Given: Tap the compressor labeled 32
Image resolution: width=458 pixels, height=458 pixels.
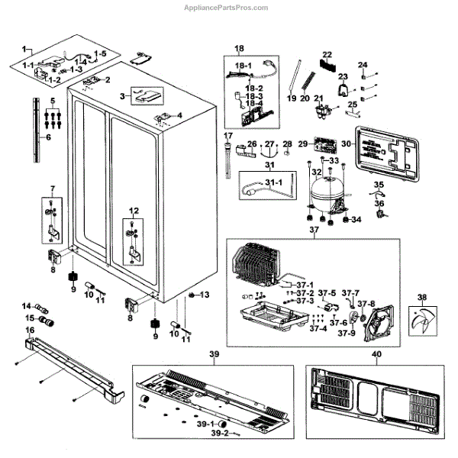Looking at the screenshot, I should tap(328, 194).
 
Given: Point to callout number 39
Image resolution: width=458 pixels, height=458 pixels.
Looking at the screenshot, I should tap(214, 353).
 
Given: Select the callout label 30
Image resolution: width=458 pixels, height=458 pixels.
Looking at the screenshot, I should tap(346, 143).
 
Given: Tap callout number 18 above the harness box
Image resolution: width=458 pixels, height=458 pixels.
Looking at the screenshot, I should tap(239, 49).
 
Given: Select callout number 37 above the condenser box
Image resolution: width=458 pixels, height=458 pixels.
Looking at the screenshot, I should tap(313, 231).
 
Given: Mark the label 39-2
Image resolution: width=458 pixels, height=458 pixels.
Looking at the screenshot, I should tap(220, 433).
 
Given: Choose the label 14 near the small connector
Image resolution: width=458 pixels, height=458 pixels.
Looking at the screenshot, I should tap(27, 306).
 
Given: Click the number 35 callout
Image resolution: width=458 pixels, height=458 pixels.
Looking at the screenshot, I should tap(379, 185).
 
